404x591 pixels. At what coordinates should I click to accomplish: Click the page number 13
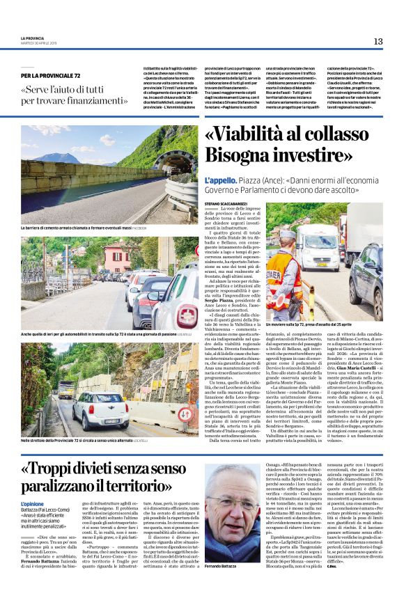(378, 41)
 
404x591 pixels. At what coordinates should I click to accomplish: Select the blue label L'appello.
(219, 180)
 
